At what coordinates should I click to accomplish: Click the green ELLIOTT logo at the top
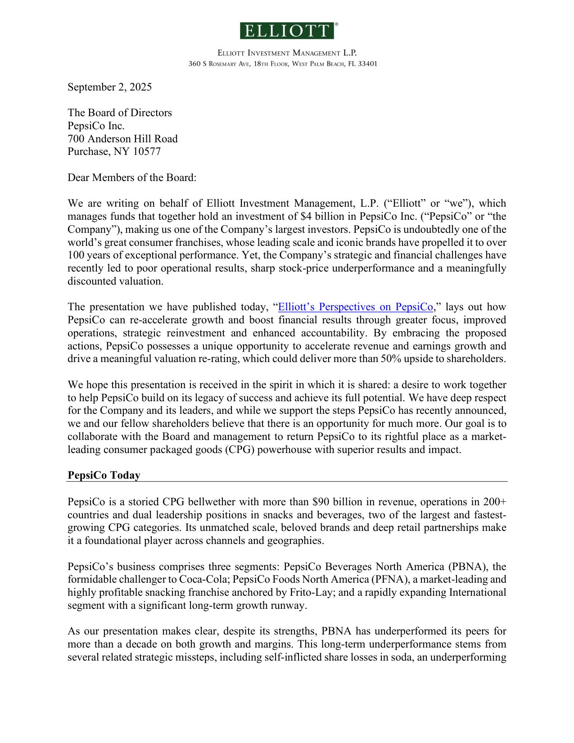(x=287, y=31)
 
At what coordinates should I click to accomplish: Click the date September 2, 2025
(x=109, y=87)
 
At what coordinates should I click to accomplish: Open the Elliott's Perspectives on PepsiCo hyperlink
(x=355, y=307)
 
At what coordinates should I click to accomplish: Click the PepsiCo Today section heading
(x=104, y=475)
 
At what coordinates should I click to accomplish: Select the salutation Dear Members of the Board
(x=132, y=177)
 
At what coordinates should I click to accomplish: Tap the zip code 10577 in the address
(x=147, y=151)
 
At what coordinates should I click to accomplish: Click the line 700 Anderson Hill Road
(x=122, y=139)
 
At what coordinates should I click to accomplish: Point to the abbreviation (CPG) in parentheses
(x=240, y=449)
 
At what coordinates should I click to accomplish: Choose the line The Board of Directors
(x=120, y=113)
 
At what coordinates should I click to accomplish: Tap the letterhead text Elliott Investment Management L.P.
(x=287, y=53)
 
